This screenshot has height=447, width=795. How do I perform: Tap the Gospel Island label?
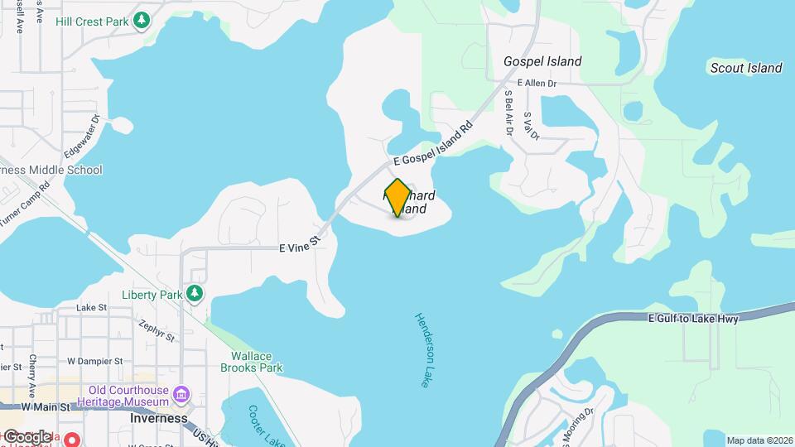pos(542,61)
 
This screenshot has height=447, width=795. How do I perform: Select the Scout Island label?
pos(745,68)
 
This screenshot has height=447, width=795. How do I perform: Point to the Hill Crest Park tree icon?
pos(142,19)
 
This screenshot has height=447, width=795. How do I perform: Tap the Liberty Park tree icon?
pos(195,294)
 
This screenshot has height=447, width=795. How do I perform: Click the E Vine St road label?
pos(299,246)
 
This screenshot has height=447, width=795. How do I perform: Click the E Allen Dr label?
pos(537,84)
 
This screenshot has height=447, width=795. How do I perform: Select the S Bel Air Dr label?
pos(508,113)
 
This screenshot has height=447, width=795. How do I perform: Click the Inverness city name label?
pos(159,418)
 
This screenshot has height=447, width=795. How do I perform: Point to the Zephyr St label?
pos(157,331)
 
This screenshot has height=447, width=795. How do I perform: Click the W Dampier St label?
pos(94,361)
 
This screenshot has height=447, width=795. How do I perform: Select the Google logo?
pos(26,436)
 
